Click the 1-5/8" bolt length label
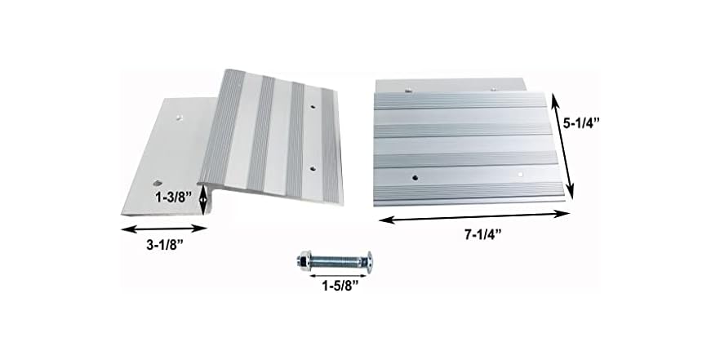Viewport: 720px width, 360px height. pos(333,286)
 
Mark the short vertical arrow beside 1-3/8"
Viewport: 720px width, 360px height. pos(202,198)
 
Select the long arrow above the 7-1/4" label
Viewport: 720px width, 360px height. pos(472,216)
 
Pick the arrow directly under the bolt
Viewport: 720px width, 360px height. pos(334,273)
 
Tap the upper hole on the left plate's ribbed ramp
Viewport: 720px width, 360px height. pos(313,107)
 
